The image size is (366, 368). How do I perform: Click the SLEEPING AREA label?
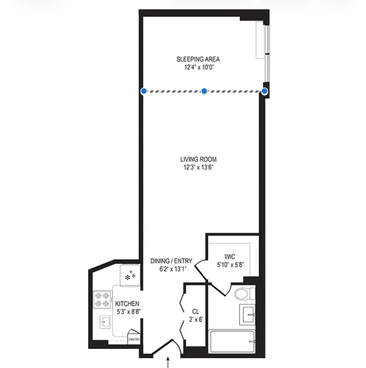pos(198,59)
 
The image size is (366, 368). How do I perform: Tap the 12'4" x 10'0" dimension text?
pos(198,67)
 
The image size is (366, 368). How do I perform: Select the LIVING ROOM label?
pos(198,159)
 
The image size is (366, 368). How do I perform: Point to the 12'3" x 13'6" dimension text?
pos(198,168)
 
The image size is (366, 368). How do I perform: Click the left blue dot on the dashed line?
pos(144,91)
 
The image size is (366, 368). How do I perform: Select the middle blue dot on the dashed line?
pos(204,91)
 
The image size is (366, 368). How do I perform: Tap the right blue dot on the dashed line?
pos(265,91)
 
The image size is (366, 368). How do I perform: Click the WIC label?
pos(230,256)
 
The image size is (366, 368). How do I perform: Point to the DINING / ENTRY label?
pos(171,261)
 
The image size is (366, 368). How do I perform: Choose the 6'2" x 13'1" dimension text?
pos(171,269)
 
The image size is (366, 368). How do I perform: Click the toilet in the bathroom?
pos(244,294)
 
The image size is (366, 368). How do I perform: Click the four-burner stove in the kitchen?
pos(103,300)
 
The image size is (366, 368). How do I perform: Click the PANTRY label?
pos(134,339)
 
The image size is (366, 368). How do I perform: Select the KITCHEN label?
pos(127,304)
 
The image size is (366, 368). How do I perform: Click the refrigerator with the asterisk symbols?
pos(130,275)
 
